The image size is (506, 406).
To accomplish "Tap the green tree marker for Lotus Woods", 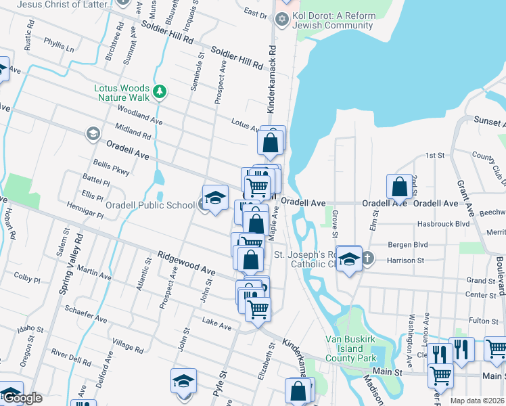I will click(160, 91).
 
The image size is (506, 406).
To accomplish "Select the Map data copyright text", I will click(478, 401).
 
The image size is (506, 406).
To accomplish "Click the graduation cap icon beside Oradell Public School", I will click(215, 198).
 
